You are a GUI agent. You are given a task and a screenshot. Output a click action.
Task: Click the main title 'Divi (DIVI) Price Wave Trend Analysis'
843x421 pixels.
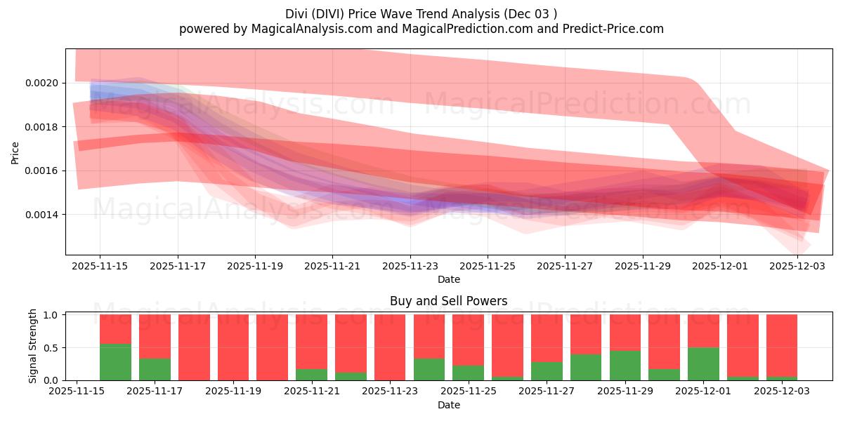pos(421,14)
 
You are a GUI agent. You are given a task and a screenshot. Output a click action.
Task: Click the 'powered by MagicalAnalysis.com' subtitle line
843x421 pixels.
pos(421,29)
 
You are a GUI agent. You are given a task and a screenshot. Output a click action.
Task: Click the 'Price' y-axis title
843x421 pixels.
pos(15,152)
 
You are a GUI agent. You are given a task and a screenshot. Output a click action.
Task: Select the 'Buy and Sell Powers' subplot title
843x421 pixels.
pos(449,301)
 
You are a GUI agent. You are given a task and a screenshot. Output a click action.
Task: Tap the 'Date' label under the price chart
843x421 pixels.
pos(449,279)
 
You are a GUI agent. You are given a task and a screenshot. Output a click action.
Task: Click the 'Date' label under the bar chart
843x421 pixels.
pos(449,405)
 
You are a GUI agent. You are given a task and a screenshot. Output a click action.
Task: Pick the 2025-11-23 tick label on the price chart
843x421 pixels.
pos(410,266)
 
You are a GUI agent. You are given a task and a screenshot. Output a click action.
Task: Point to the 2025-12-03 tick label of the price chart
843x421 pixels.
pos(797,266)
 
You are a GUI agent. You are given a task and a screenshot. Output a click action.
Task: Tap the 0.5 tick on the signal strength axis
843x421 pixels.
pos(53,347)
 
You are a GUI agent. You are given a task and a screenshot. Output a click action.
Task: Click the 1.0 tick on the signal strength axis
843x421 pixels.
pos(53,315)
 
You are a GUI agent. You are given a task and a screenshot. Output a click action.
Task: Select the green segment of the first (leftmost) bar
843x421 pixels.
pos(115,362)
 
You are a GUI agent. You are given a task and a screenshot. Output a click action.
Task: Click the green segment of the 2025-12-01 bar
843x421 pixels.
pos(703,363)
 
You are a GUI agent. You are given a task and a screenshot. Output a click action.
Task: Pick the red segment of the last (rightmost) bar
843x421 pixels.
pos(782,344)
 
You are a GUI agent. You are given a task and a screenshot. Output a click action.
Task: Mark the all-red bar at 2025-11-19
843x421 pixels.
pos(233,347)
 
